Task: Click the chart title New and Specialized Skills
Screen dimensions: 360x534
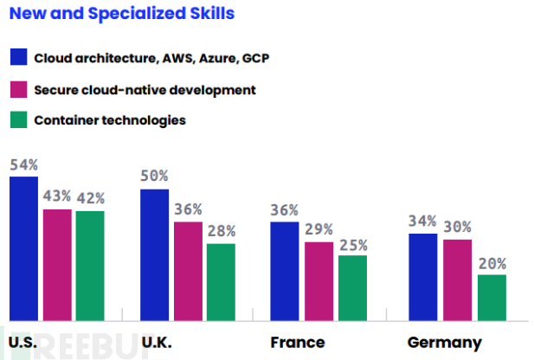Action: (121, 15)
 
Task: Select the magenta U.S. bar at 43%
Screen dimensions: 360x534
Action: (57, 265)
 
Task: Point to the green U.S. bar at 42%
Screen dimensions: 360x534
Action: (89, 266)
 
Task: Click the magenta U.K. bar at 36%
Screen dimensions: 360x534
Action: (188, 271)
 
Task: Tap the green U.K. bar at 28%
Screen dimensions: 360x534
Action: (221, 282)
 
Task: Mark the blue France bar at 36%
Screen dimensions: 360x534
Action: (285, 271)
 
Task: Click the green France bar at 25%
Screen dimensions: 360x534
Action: (351, 287)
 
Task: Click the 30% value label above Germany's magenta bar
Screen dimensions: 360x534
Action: (457, 227)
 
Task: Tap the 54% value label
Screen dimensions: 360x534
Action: (23, 164)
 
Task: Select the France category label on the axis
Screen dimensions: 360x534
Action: (297, 342)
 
